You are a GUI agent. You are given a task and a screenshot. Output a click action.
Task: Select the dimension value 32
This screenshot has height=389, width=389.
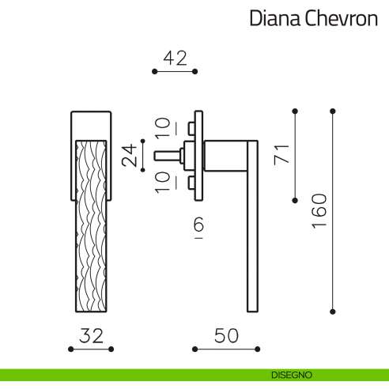93,335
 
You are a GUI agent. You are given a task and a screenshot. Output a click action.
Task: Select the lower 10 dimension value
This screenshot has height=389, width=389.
162,183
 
